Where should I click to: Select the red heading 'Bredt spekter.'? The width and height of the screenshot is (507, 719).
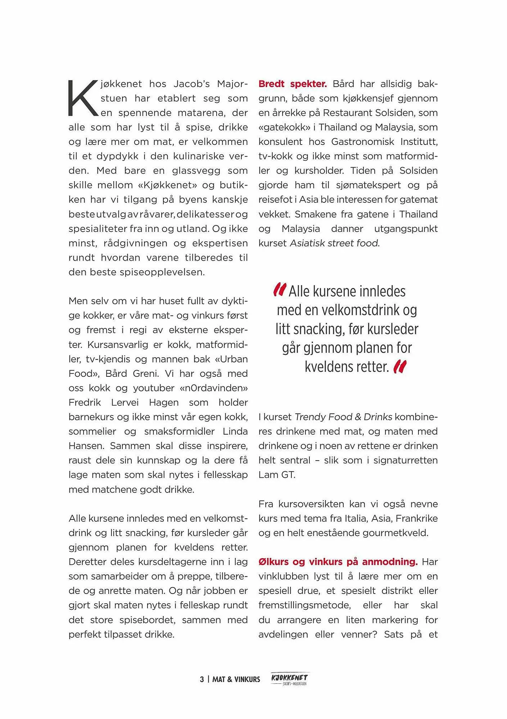(293, 84)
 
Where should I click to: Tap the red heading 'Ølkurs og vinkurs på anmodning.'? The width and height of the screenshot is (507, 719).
(338, 562)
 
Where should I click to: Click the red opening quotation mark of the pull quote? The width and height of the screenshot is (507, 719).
(280, 290)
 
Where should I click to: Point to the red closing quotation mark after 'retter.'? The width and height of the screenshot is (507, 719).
(400, 367)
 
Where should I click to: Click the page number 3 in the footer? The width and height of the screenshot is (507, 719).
(202, 679)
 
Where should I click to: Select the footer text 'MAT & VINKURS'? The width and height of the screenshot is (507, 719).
(236, 679)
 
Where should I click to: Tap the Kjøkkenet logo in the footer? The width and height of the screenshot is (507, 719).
(290, 679)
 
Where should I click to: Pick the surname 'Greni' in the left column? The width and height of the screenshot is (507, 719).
(146, 374)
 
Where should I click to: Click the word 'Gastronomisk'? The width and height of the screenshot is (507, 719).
(362, 142)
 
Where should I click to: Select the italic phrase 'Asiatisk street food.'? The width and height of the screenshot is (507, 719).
(335, 243)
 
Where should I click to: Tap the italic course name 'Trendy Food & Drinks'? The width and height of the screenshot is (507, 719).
(343, 417)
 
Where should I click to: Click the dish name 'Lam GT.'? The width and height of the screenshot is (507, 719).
(277, 475)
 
